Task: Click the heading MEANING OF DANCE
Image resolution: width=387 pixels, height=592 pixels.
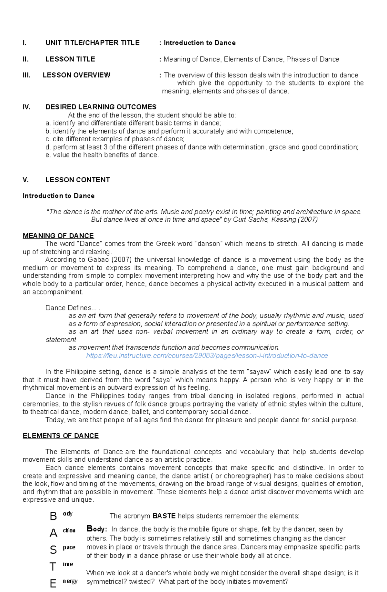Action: pyautogui.click(x=58, y=236)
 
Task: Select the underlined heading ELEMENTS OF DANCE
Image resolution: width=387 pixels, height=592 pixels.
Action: pyautogui.click(x=61, y=436)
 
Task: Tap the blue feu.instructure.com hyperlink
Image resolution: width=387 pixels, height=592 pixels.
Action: pyautogui.click(x=207, y=356)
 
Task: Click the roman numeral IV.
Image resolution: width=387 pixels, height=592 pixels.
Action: pyautogui.click(x=26, y=107)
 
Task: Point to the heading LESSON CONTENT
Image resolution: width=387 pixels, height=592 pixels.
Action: pyautogui.click(x=77, y=180)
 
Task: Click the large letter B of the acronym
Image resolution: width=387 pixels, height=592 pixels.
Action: pyautogui.click(x=53, y=517)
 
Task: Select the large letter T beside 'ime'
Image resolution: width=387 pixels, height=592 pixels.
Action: pyautogui.click(x=53, y=567)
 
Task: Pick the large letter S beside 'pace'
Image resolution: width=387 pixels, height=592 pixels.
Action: pyautogui.click(x=53, y=550)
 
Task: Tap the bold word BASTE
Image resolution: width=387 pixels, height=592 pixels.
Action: pyautogui.click(x=164, y=516)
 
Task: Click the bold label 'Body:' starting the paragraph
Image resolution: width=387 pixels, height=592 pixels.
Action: pyautogui.click(x=96, y=529)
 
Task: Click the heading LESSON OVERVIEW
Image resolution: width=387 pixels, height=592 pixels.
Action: pyautogui.click(x=76, y=75)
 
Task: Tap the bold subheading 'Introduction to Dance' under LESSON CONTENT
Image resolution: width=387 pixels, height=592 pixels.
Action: pyautogui.click(x=58, y=196)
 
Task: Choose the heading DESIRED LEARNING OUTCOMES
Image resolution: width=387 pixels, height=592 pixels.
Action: pyautogui.click(x=101, y=107)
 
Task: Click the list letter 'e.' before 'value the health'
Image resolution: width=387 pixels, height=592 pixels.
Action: pyautogui.click(x=48, y=155)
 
